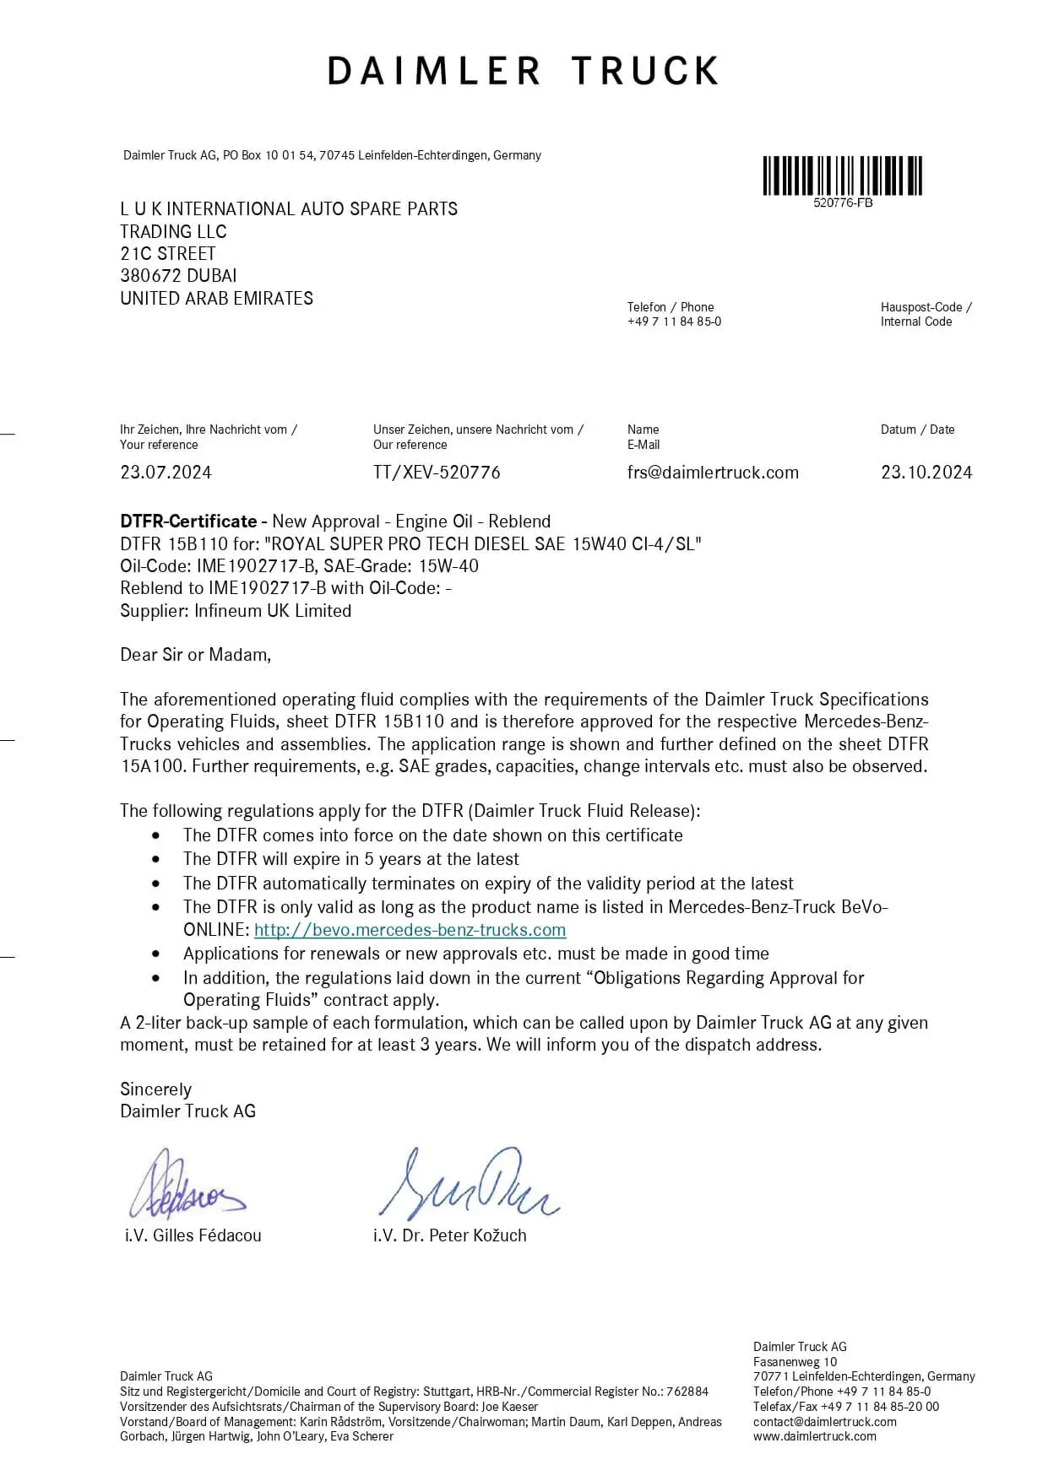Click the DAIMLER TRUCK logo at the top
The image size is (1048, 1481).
(x=523, y=72)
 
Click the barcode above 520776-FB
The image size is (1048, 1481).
(x=842, y=176)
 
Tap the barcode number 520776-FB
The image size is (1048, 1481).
(x=842, y=203)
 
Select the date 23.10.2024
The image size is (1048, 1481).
(x=926, y=473)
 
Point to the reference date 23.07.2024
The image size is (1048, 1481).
(x=166, y=473)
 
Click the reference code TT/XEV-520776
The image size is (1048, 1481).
(x=437, y=473)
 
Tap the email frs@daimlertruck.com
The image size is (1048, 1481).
(x=713, y=473)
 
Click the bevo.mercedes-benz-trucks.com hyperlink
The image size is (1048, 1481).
(x=410, y=930)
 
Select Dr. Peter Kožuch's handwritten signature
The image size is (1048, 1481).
(x=467, y=1184)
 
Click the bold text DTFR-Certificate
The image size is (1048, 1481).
(x=188, y=522)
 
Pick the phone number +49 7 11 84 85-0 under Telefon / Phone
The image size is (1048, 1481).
(x=674, y=322)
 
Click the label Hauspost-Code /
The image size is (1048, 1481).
(x=926, y=307)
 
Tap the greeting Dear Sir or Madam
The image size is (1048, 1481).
(x=195, y=655)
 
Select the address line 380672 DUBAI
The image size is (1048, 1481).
(x=178, y=276)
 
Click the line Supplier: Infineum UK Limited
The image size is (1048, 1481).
(x=236, y=611)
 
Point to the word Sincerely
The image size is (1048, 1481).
(x=155, y=1089)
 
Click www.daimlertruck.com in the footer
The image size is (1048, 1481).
(x=814, y=1436)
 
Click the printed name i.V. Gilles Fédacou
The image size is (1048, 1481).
(x=193, y=1235)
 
